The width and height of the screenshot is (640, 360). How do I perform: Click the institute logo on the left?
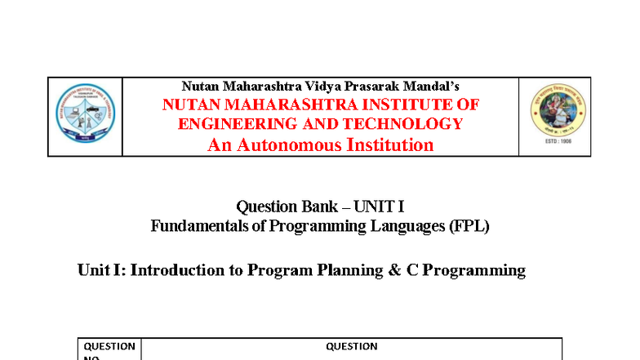point(85,116)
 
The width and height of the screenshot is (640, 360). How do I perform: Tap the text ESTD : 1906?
point(554,145)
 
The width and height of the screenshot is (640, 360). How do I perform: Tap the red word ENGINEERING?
point(238,124)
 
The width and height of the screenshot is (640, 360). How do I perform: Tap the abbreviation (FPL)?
point(469,226)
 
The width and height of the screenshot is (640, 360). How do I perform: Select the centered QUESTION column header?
point(352,346)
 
